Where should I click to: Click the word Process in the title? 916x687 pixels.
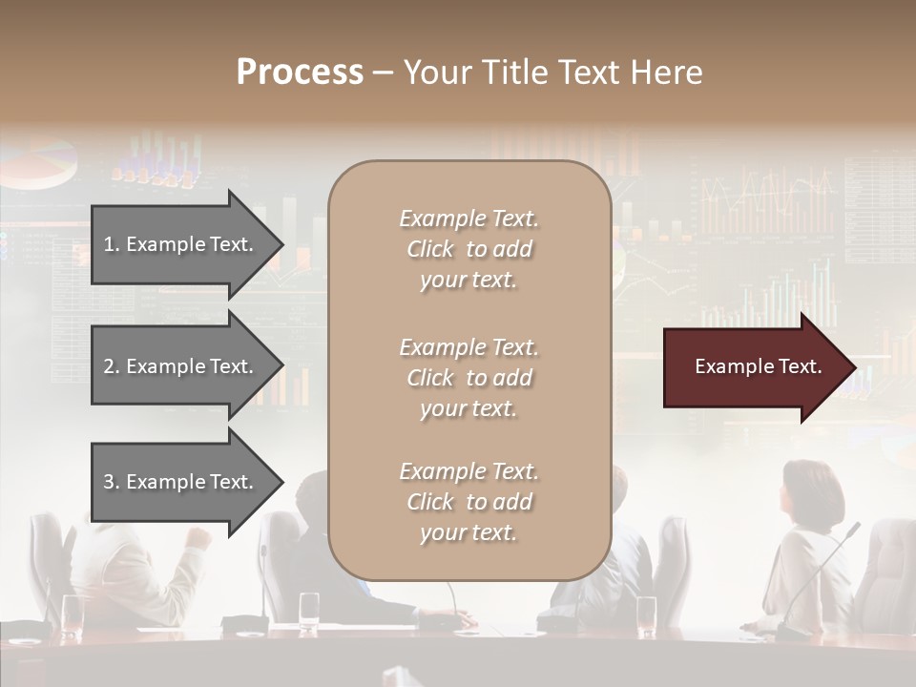click(299, 73)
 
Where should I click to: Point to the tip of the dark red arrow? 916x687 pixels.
click(852, 367)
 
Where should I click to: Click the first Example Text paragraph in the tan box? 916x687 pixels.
click(468, 249)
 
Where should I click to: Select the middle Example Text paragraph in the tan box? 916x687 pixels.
click(468, 378)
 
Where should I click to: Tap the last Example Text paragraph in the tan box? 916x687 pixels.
click(468, 502)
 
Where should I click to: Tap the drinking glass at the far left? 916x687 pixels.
click(73, 614)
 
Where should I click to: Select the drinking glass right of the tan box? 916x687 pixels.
click(647, 614)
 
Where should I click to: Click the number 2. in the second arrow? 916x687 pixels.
click(112, 366)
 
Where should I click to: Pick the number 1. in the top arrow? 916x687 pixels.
click(112, 244)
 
